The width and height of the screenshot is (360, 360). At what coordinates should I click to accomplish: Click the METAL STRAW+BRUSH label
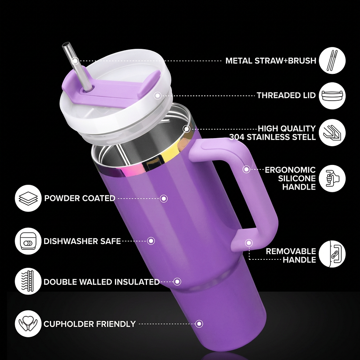click(x=271, y=61)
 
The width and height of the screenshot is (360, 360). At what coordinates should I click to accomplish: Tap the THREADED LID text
click(x=286, y=95)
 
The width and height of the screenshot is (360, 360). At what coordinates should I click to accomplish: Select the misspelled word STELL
click(x=304, y=137)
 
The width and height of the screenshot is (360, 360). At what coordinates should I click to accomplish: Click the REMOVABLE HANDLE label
click(x=291, y=256)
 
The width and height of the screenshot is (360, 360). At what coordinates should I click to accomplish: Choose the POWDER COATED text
click(x=80, y=198)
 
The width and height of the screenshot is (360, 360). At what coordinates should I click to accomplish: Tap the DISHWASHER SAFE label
click(x=82, y=241)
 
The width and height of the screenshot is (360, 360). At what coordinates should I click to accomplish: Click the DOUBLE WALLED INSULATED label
click(x=101, y=282)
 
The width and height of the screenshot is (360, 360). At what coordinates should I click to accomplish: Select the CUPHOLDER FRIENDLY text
click(x=90, y=324)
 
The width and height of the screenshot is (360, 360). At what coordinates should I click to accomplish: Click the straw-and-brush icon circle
click(x=332, y=61)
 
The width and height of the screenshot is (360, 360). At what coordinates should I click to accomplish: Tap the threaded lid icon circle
click(x=332, y=96)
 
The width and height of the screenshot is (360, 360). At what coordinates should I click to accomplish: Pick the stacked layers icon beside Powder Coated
click(x=28, y=198)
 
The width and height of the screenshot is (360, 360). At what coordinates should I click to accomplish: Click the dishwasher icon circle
click(x=28, y=241)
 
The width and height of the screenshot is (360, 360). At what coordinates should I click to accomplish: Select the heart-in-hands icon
click(x=28, y=324)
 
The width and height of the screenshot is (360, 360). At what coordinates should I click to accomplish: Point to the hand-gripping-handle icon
click(x=332, y=179)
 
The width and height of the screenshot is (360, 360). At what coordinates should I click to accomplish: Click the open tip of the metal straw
click(x=66, y=44)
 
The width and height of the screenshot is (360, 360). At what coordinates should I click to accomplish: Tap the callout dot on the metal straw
click(x=75, y=61)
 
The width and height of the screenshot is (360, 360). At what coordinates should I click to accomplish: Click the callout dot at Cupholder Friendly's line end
click(x=199, y=324)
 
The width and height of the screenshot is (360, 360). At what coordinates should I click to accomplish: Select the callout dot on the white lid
click(x=158, y=96)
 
